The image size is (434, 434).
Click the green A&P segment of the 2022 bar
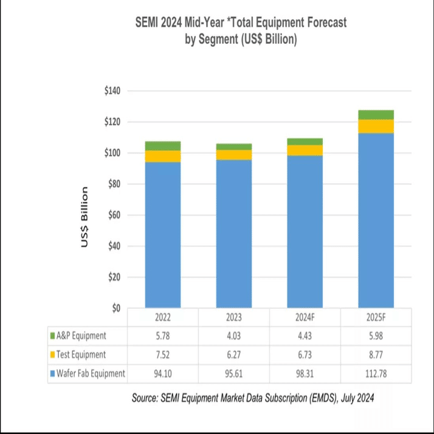pyautogui.click(x=162, y=146)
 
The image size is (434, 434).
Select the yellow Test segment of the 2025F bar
pyautogui.click(x=376, y=126)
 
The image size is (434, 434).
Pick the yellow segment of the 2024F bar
pyautogui.click(x=305, y=150)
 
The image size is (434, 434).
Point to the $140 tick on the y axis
pyautogui.click(x=112, y=91)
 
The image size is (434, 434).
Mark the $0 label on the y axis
pyautogui.click(x=117, y=308)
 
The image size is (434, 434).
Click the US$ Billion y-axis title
pyautogui.click(x=86, y=217)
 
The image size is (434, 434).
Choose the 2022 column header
pyautogui.click(x=162, y=318)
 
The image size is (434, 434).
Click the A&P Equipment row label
pyautogui.click(x=80, y=336)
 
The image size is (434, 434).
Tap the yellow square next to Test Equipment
pyautogui.click(x=52, y=355)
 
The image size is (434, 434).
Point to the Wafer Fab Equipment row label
pyautogui.click(x=90, y=374)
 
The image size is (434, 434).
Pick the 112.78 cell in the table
pyautogui.click(x=376, y=374)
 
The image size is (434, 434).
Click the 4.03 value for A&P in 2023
pyautogui.click(x=233, y=336)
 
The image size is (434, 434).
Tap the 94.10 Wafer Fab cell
pyautogui.click(x=162, y=374)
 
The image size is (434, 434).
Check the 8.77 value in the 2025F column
pyautogui.click(x=376, y=355)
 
